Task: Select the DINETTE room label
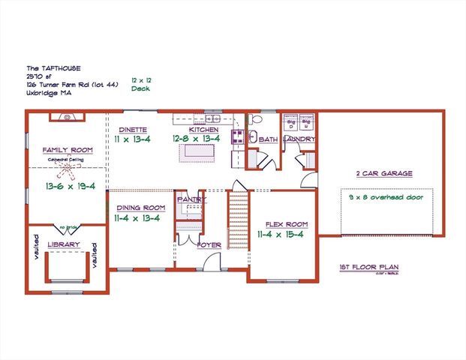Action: point(131,130)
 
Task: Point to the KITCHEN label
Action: point(203,130)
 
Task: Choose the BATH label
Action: point(269,140)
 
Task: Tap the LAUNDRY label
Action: point(299,139)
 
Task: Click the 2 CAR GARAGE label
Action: point(384,173)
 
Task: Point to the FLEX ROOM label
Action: point(287,223)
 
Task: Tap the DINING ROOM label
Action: point(140,207)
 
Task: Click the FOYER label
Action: point(208,245)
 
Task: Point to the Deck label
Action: point(140,88)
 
